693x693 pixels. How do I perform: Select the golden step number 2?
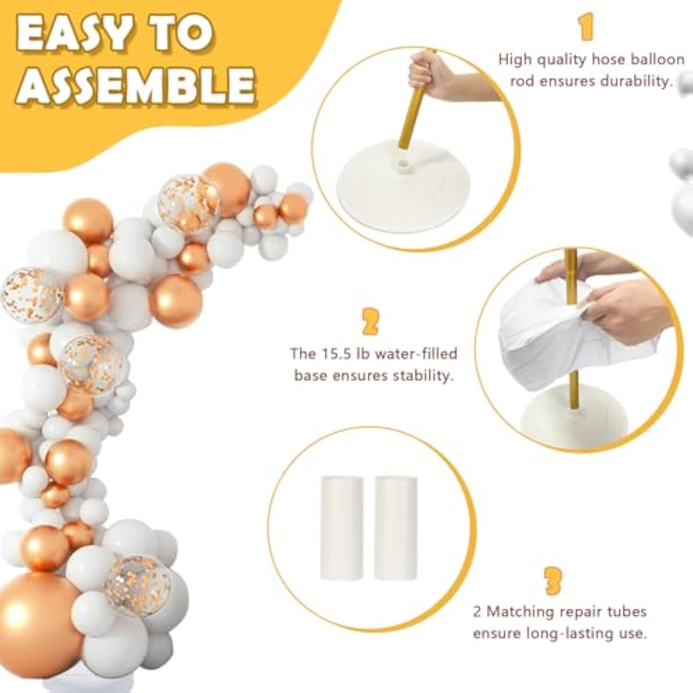[370, 322]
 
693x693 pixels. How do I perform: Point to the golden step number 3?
[553, 581]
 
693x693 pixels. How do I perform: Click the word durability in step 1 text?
[636, 81]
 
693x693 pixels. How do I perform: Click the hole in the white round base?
[406, 164]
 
